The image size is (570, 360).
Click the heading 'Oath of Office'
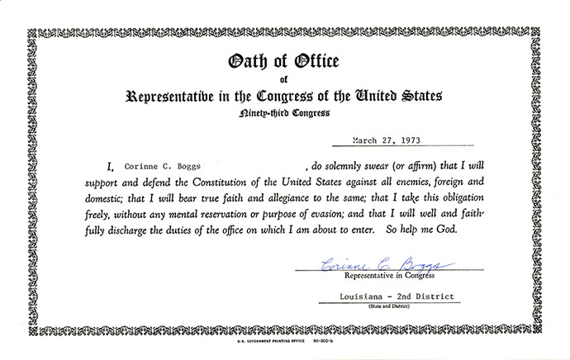(284, 63)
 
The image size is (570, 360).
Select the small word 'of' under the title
(285, 80)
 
